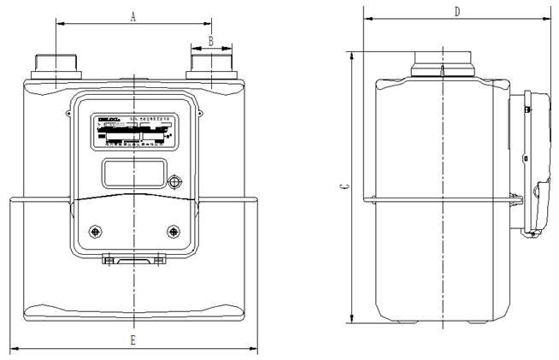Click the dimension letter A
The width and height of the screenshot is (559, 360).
pyautogui.click(x=132, y=15)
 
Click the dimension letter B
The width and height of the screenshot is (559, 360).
pyautogui.click(x=210, y=40)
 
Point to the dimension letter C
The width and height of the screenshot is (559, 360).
pyautogui.click(x=342, y=186)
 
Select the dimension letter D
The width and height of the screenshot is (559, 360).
pyautogui.click(x=457, y=11)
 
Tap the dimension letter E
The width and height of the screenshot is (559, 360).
pyautogui.click(x=132, y=340)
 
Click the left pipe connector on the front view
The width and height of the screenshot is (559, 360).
pyautogui.click(x=55, y=66)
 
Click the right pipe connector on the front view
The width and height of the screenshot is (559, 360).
pyautogui.click(x=209, y=66)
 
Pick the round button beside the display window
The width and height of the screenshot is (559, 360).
pyautogui.click(x=175, y=183)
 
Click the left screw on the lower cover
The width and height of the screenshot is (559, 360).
pyautogui.click(x=96, y=231)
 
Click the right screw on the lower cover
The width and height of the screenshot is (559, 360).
pyautogui.click(x=174, y=231)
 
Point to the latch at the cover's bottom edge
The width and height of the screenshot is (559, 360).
pyautogui.click(x=134, y=259)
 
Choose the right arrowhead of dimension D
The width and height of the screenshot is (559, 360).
pyautogui.click(x=547, y=19)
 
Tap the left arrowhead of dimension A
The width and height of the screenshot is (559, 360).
pyautogui.click(x=59, y=23)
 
